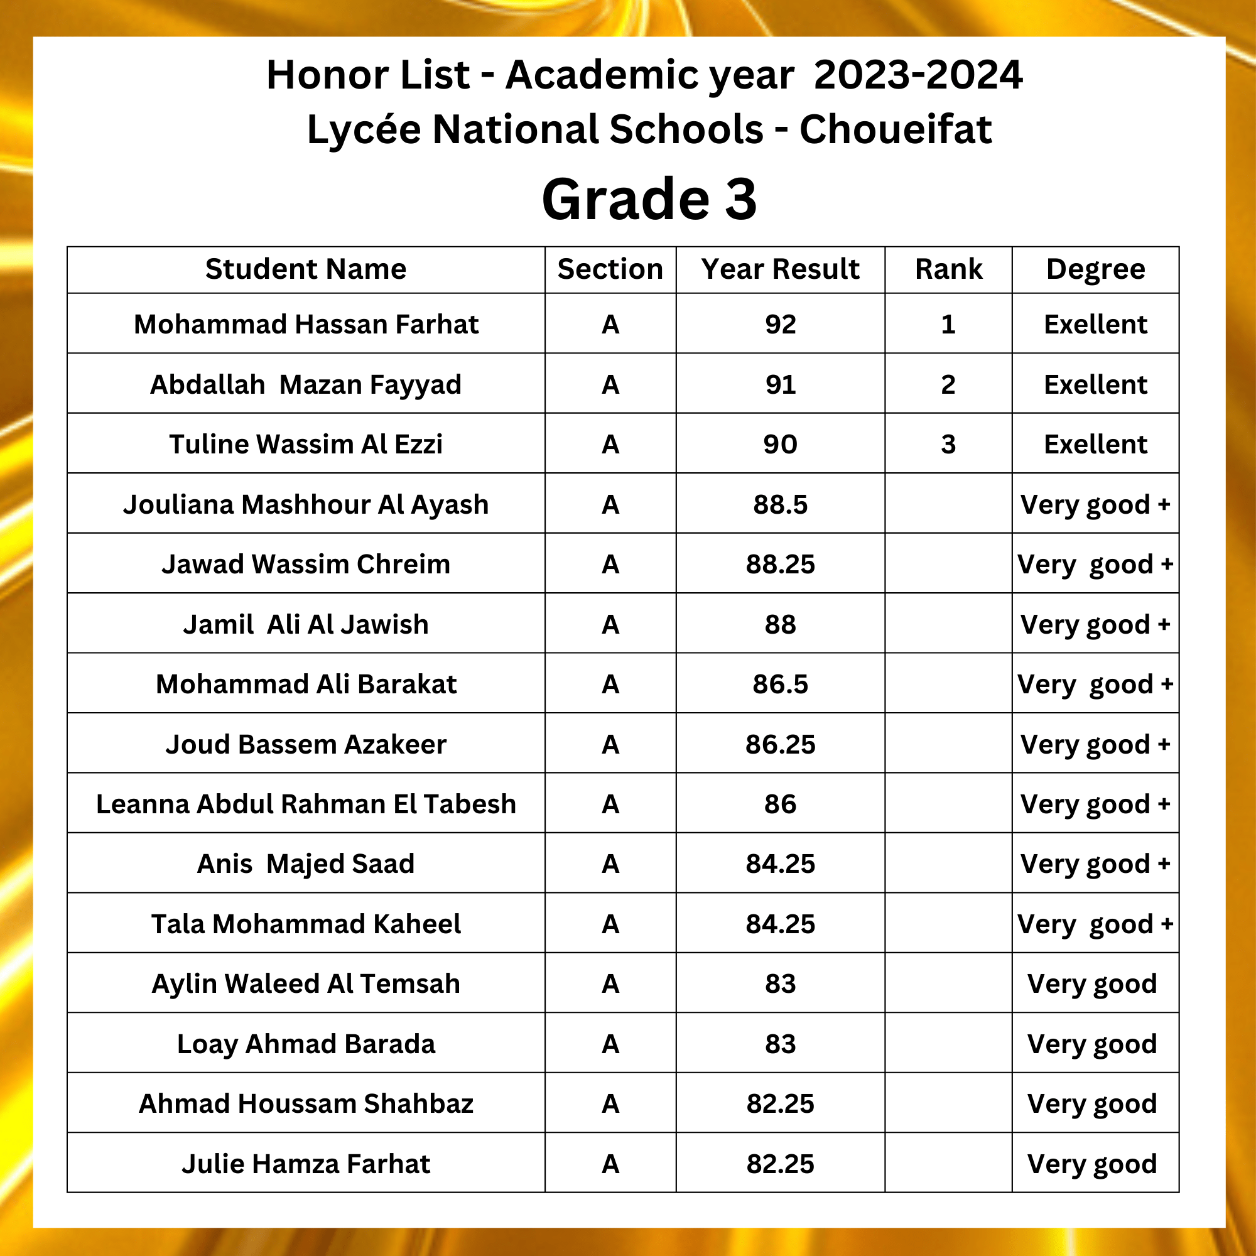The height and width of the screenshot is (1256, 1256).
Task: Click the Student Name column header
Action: click(x=306, y=269)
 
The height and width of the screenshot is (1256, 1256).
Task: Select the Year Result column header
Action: click(x=780, y=269)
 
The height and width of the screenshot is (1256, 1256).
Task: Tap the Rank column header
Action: click(x=948, y=269)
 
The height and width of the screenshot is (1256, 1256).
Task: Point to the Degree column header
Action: click(x=1095, y=269)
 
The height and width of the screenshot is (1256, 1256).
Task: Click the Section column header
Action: click(x=610, y=269)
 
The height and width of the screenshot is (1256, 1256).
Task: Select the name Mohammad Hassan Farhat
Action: click(x=306, y=325)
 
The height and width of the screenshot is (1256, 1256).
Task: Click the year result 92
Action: click(x=780, y=325)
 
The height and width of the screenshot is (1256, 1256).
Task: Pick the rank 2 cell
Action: click(x=948, y=385)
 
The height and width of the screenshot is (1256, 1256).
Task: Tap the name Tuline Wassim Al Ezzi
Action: click(x=306, y=445)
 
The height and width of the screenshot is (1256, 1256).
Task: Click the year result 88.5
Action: click(x=780, y=504)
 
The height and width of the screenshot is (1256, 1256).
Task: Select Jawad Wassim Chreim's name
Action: click(x=306, y=565)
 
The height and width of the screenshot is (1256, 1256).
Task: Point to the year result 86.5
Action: click(x=780, y=685)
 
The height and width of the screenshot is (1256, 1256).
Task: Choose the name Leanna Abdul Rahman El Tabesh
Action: click(x=306, y=804)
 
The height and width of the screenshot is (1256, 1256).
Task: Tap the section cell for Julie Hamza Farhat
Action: click(x=610, y=1164)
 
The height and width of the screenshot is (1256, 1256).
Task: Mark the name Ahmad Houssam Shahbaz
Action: click(x=306, y=1104)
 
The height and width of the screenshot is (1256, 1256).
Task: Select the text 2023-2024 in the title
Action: click(x=918, y=75)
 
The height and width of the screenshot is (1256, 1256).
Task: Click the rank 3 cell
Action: click(x=948, y=445)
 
